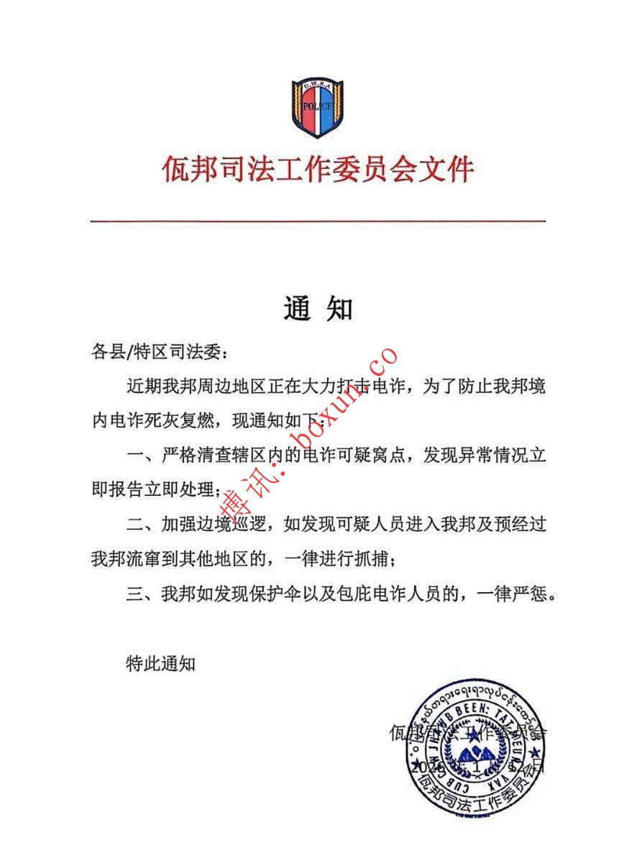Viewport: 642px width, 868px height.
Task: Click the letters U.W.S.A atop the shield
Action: coord(316,86)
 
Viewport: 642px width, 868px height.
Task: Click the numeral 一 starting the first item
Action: coord(134,456)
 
